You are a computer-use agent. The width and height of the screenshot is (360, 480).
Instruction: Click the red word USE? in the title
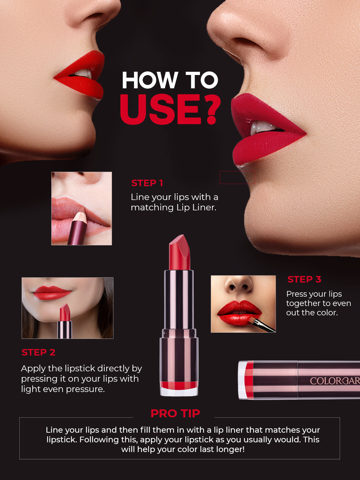click(170, 109)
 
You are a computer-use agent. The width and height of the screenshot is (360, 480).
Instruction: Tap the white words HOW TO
click(170, 81)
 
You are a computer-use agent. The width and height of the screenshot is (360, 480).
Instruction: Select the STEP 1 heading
click(147, 183)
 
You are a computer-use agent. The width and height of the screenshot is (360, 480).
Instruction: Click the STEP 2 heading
click(38, 352)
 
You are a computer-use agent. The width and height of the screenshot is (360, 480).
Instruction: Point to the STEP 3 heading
click(304, 279)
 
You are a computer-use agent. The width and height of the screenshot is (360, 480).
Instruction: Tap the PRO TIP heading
click(175, 413)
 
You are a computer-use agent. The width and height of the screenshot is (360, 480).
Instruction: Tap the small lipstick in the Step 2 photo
click(65, 320)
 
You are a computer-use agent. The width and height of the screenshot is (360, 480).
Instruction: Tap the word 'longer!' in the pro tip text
click(229, 449)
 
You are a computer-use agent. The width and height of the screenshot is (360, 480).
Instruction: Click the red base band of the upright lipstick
click(179, 385)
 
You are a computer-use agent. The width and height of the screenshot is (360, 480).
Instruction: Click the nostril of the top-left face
click(100, 23)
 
